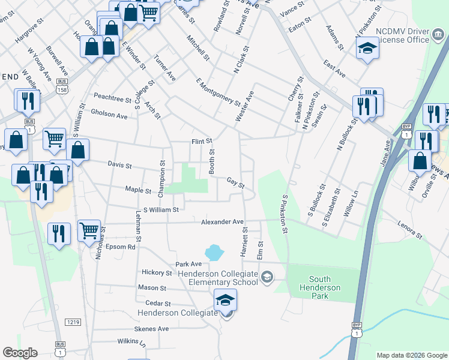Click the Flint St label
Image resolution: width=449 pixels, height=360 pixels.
[202, 142]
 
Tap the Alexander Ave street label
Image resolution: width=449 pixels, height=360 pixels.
[222, 221]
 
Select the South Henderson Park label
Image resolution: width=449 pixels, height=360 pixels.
[324, 283]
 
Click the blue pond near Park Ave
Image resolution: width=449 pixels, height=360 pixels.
[213, 253]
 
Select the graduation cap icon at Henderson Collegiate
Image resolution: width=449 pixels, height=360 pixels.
[225, 299]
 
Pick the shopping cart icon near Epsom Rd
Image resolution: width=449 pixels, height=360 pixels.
[89, 230]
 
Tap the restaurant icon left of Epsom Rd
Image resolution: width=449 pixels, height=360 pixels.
[59, 233]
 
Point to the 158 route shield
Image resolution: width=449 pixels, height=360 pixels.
[61, 89]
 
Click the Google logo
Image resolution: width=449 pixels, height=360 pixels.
[20, 353]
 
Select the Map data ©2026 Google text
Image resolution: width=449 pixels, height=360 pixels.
[411, 355]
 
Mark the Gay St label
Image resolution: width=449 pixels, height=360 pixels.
[235, 182]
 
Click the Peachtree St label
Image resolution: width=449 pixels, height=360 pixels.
[112, 98]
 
